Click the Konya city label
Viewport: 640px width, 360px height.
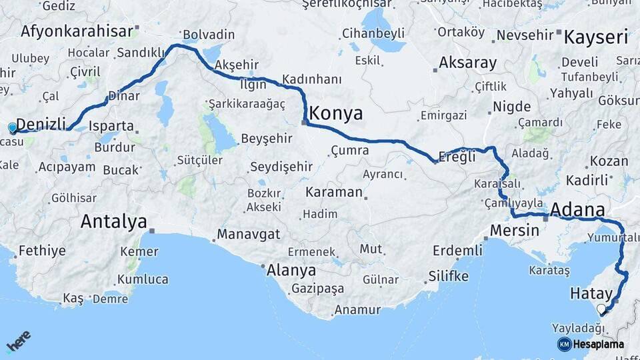click(x=336, y=113)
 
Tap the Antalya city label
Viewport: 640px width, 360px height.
click(x=113, y=221)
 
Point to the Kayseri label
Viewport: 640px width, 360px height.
click(x=596, y=37)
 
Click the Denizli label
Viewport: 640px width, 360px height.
click(x=41, y=124)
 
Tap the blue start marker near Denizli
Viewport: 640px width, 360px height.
click(x=12, y=128)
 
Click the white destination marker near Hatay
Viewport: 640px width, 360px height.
click(x=601, y=309)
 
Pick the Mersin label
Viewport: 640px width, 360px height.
click(x=514, y=231)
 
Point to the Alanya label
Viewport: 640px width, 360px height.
click(x=291, y=271)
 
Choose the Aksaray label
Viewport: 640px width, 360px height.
click(x=468, y=63)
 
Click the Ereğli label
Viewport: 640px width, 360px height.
click(x=458, y=157)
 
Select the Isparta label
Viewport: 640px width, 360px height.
click(x=111, y=126)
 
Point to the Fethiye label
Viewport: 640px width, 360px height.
click(x=42, y=251)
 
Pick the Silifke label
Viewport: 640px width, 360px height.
click(x=448, y=276)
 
